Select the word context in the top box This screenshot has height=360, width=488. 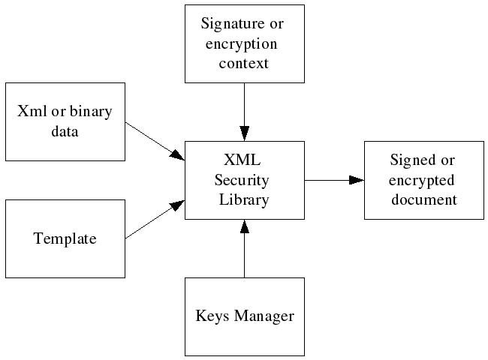click(244, 62)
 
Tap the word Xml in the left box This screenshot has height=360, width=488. click(31, 112)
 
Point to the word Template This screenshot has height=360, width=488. click(65, 239)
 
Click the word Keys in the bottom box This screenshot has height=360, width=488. click(210, 316)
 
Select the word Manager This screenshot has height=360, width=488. click(263, 316)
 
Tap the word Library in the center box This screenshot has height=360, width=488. click(244, 199)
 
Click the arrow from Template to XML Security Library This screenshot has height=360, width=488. click(155, 219)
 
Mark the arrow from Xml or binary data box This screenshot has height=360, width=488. click(155, 140)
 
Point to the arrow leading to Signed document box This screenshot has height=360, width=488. click(334, 180)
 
